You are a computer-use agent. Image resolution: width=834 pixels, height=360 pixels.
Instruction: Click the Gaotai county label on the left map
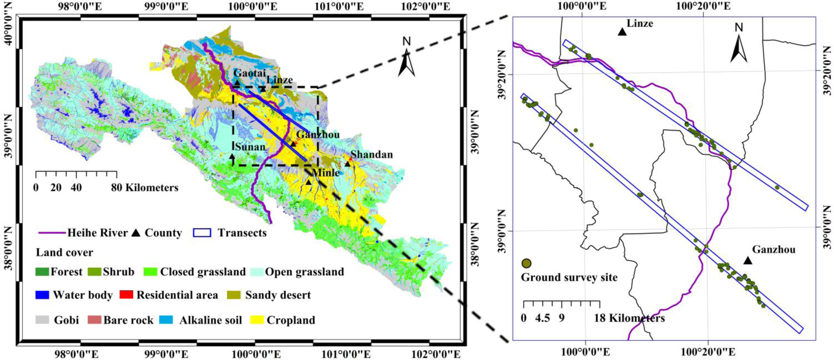(249, 73)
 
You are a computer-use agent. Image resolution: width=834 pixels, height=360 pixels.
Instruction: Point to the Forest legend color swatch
(42, 272)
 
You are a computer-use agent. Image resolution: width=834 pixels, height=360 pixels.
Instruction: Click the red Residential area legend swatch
(126, 295)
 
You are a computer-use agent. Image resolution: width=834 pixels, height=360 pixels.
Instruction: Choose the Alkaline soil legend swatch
(167, 320)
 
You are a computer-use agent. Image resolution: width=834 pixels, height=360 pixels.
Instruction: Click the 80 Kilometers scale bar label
(145, 187)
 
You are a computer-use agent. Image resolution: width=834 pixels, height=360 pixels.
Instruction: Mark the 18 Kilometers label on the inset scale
(629, 318)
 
